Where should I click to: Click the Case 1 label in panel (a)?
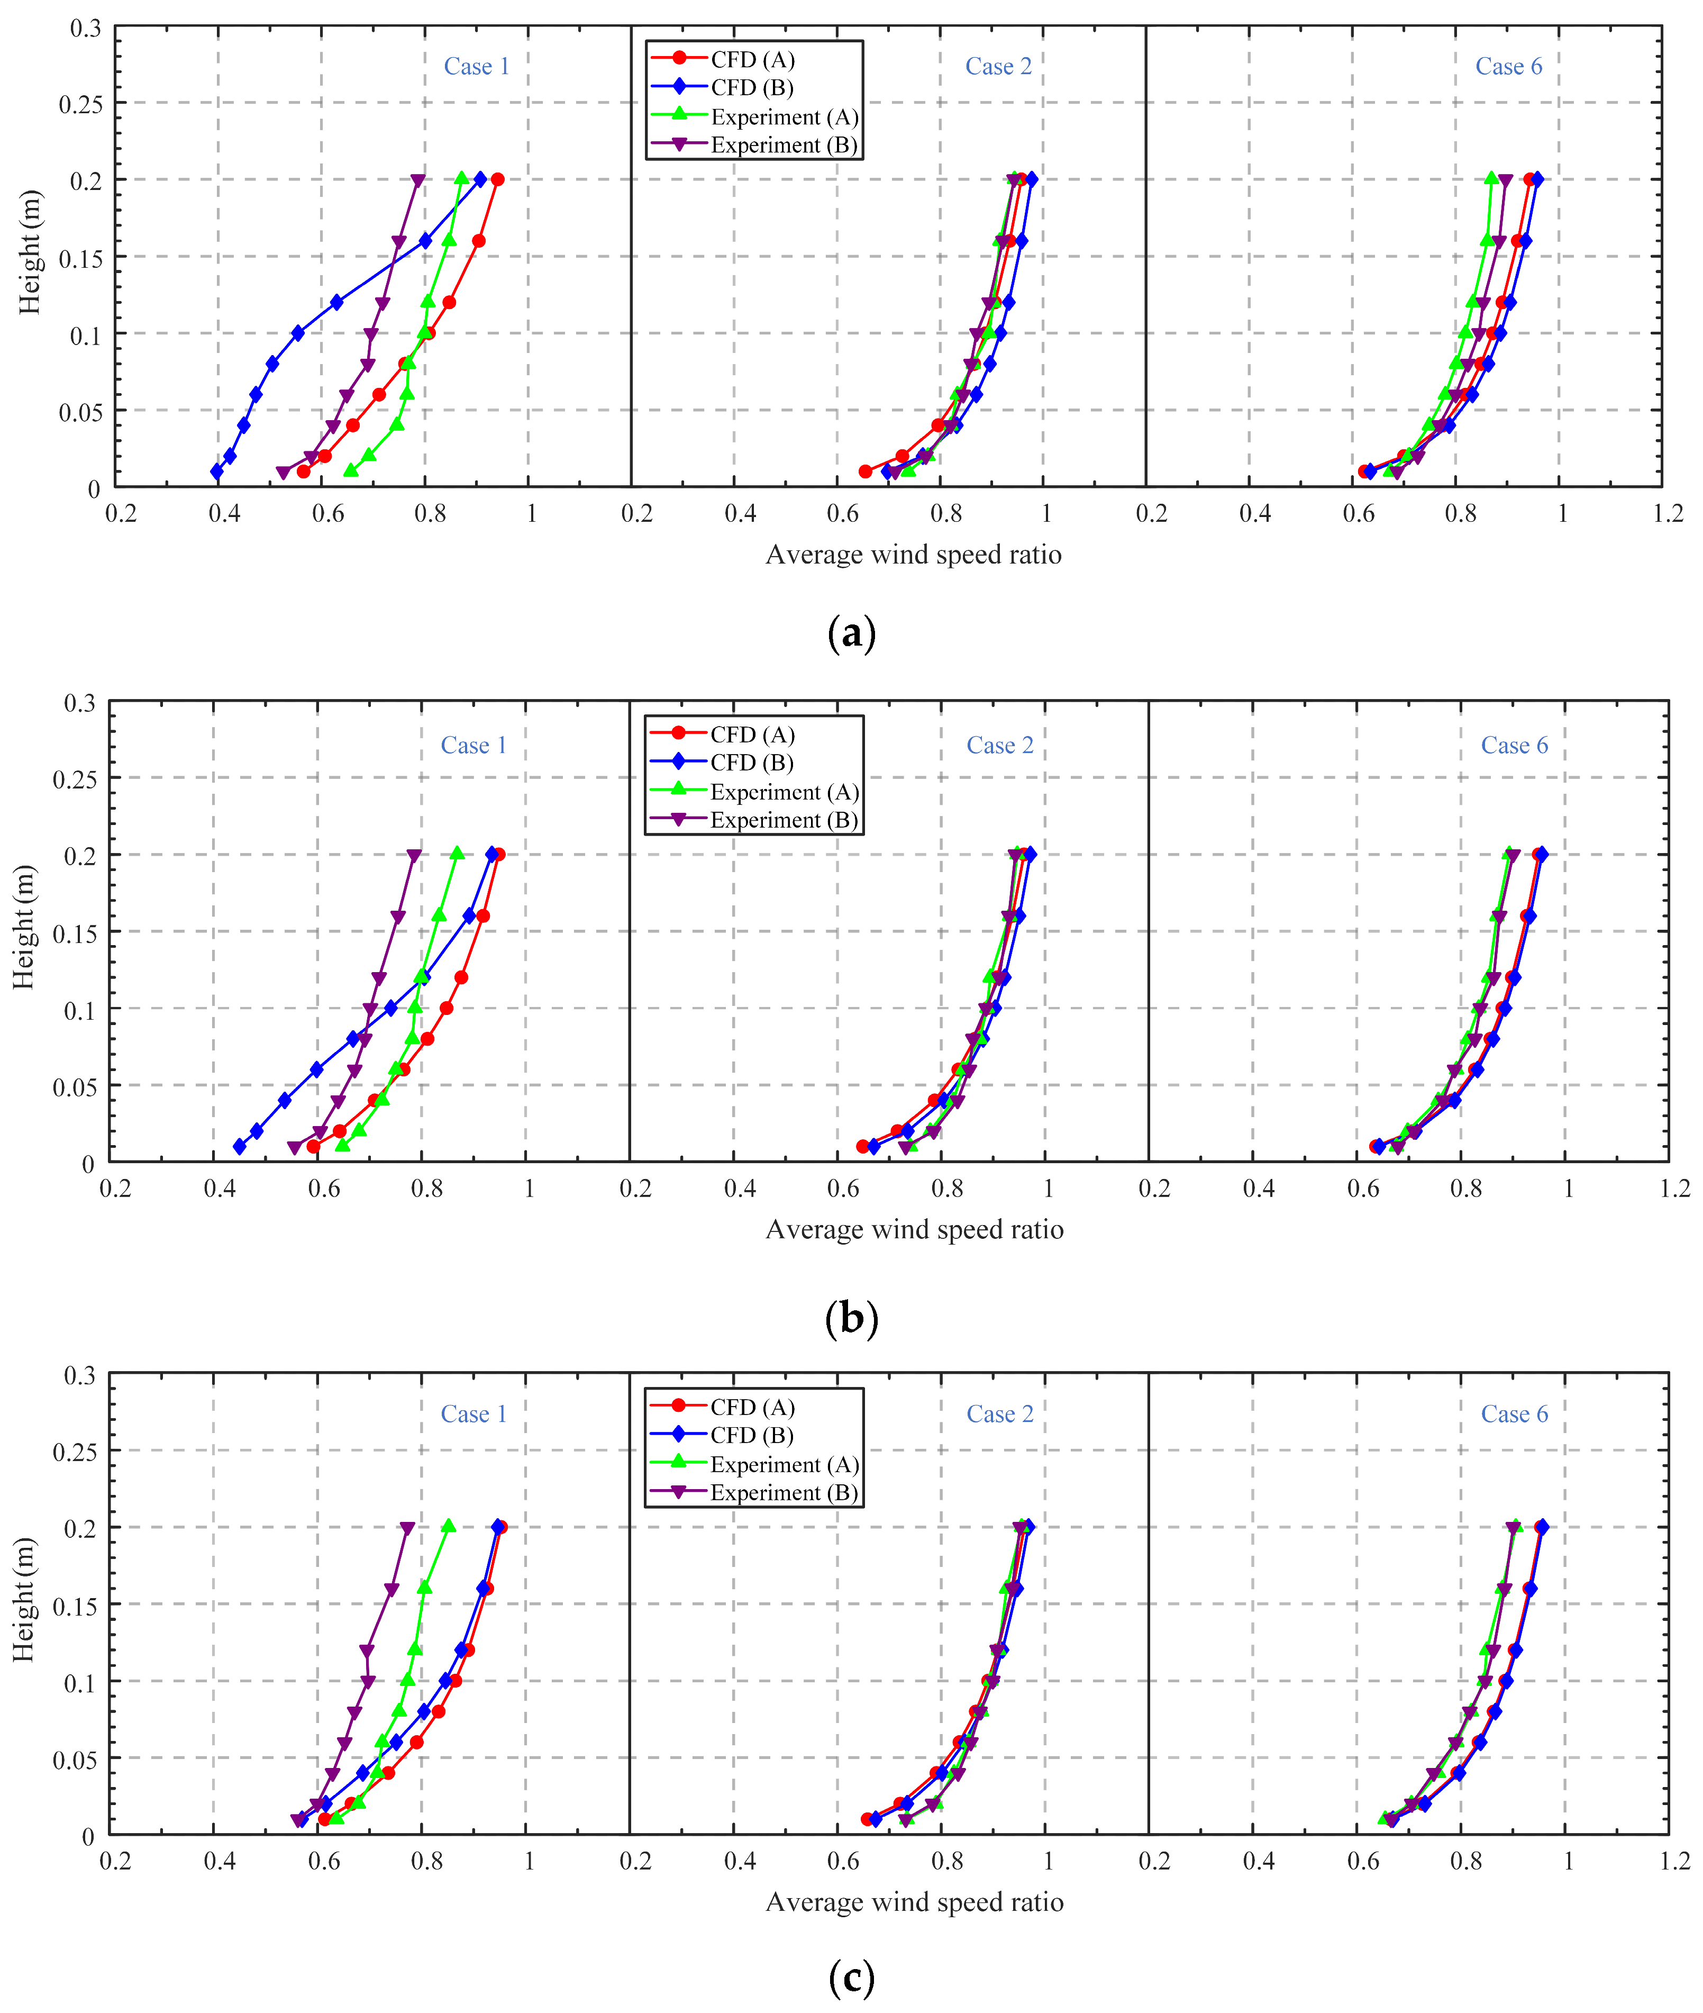pyautogui.click(x=476, y=67)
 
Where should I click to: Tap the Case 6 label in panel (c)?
pyautogui.click(x=1514, y=1414)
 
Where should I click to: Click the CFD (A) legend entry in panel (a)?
pyautogui.click(x=752, y=60)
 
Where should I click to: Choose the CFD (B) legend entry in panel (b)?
pyautogui.click(x=751, y=763)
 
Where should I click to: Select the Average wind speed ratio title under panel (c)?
pyautogui.click(x=914, y=1902)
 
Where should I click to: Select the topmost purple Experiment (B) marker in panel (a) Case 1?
pyautogui.click(x=417, y=180)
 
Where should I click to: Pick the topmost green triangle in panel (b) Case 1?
pyautogui.click(x=457, y=854)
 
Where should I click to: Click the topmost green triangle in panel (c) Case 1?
pyautogui.click(x=448, y=1526)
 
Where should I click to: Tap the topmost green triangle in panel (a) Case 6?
pyautogui.click(x=1491, y=179)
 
